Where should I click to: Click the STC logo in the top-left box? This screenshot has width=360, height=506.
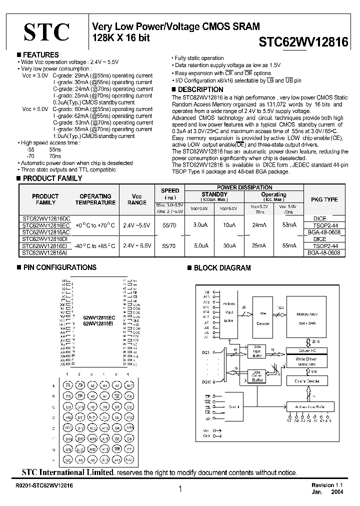(47, 33)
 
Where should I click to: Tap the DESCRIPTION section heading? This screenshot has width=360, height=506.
(196, 89)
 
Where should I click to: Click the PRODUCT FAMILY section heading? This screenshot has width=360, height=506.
(52, 178)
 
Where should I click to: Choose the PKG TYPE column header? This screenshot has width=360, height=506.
(324, 199)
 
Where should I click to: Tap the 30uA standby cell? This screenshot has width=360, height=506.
(229, 246)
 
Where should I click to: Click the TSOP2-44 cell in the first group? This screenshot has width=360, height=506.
(326, 225)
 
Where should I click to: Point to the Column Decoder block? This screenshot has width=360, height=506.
(306, 381)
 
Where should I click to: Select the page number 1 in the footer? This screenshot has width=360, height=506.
(180, 490)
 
